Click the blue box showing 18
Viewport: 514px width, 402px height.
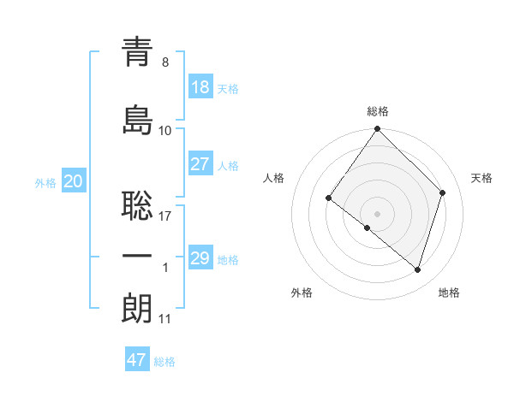(200, 87)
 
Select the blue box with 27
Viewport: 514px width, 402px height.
(200, 164)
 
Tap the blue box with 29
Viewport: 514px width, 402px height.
(200, 258)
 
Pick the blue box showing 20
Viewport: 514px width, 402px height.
(73, 181)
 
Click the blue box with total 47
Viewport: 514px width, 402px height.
(137, 360)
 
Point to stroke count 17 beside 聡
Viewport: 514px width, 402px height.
(165, 216)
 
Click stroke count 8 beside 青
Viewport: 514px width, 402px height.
(165, 62)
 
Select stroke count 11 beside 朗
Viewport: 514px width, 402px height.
(165, 319)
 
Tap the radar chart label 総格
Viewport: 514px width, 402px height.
(378, 111)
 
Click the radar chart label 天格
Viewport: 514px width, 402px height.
(481, 178)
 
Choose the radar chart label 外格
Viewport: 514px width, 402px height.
(302, 293)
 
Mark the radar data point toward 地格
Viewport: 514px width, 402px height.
(417, 270)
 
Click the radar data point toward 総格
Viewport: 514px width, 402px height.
(378, 130)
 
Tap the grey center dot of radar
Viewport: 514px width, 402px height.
(378, 213)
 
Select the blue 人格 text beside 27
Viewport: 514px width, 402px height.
(228, 165)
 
